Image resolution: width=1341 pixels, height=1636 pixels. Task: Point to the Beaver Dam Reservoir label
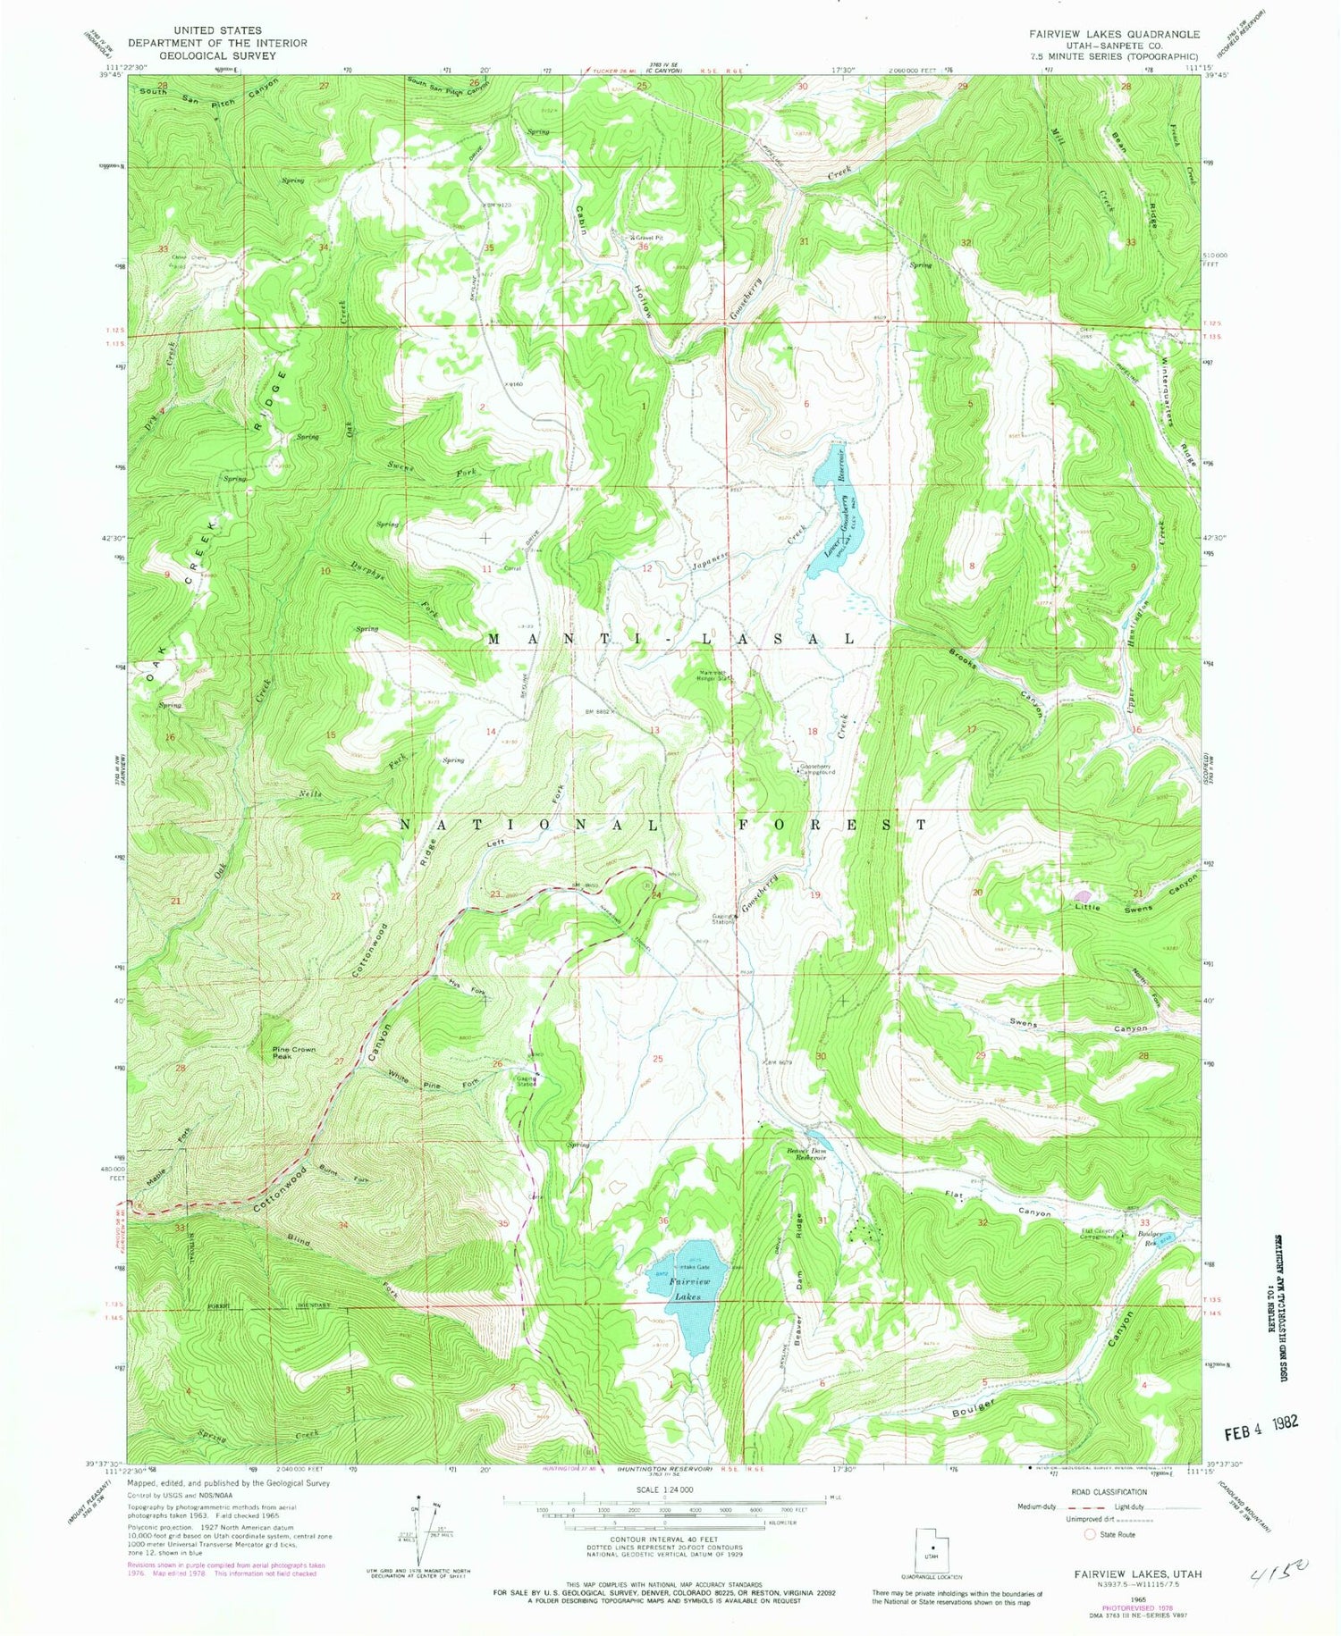pyautogui.click(x=805, y=1155)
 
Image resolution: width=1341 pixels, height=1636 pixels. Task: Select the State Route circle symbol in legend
pyautogui.click(x=1089, y=1534)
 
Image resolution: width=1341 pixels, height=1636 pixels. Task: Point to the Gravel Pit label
pyautogui.click(x=647, y=238)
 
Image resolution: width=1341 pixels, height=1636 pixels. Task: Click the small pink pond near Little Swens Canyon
pyautogui.click(x=1084, y=895)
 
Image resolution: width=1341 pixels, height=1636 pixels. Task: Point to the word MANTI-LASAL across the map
pyautogui.click(x=670, y=639)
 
